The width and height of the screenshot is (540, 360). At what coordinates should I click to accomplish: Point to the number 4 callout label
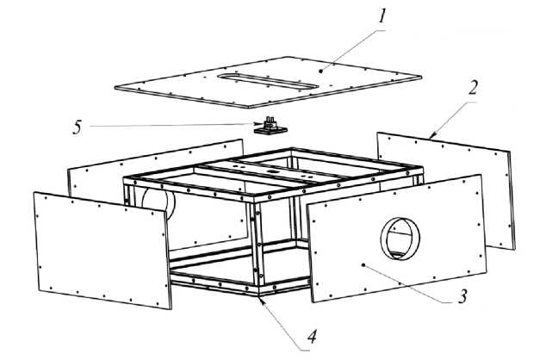point(312,339)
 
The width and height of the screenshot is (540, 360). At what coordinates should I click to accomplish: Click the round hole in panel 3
point(399,238)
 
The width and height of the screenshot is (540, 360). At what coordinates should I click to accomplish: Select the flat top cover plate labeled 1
point(198,86)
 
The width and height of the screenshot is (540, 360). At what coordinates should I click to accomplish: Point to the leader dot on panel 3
point(365,265)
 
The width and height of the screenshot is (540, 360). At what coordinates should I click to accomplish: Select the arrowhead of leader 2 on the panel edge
point(431,135)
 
